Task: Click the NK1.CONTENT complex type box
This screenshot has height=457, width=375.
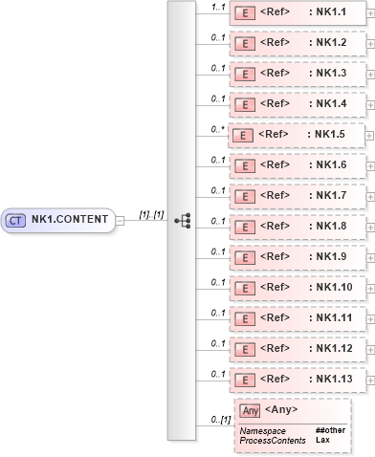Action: [x=59, y=220]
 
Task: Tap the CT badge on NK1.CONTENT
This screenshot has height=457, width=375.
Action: [x=15, y=220]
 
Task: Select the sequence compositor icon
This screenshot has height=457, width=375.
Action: [x=183, y=221]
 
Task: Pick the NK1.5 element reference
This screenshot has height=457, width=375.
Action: [x=293, y=135]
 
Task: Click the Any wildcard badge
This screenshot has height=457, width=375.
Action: [x=250, y=411]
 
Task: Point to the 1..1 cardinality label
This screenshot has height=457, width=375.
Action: [x=217, y=7]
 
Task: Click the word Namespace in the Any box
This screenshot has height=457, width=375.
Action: [x=262, y=431]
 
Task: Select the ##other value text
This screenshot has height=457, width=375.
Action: [x=330, y=431]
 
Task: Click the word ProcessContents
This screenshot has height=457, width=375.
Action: [x=274, y=441]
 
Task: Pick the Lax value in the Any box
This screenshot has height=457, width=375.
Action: [x=323, y=441]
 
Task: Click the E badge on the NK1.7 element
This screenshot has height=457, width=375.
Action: [x=245, y=196]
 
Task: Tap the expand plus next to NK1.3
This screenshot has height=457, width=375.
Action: [x=369, y=74]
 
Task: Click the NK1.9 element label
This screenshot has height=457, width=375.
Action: [x=331, y=256]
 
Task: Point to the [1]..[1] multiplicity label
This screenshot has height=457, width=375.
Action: [x=151, y=214]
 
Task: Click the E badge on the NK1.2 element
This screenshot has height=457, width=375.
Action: [x=245, y=43]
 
